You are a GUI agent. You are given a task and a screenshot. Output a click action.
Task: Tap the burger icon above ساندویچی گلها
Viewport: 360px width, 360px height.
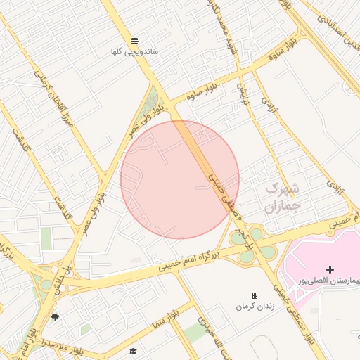(x=134, y=39)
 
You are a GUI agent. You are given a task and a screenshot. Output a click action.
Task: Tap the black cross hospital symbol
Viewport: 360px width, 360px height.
(x=330, y=269)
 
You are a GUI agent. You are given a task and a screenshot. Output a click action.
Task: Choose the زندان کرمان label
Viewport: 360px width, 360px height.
(x=254, y=307)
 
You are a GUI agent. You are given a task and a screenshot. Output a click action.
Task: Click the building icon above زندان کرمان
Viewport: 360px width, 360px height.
(x=255, y=296)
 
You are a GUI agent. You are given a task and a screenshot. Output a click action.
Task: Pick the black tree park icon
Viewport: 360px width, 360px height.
(x=56, y=318)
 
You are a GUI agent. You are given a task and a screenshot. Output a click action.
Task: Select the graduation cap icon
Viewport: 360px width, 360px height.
(x=134, y=351)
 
